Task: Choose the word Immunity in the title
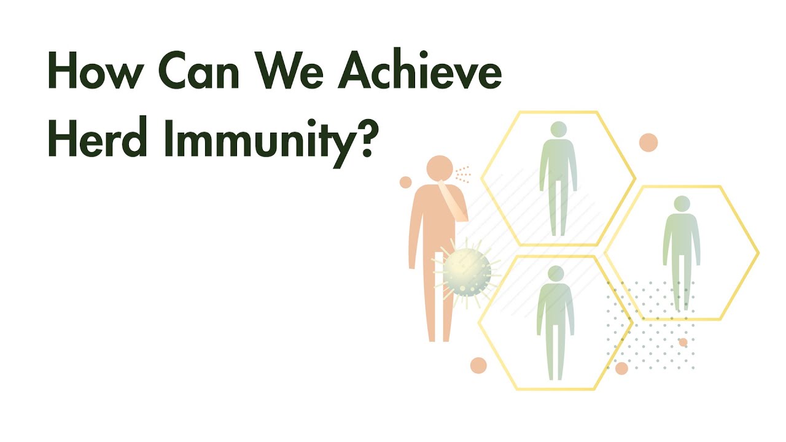[259, 142]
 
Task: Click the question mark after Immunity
[363, 138]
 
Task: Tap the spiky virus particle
[467, 272]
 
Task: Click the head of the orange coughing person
[440, 168]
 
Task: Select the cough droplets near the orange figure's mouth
[463, 174]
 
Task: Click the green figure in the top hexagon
[558, 179]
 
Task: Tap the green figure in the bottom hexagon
[556, 323]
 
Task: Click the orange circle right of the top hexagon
[648, 142]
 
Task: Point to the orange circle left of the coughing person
[406, 182]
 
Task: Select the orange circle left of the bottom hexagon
[478, 365]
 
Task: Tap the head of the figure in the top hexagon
[559, 130]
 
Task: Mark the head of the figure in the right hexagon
[682, 204]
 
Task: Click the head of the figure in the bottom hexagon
[556, 274]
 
